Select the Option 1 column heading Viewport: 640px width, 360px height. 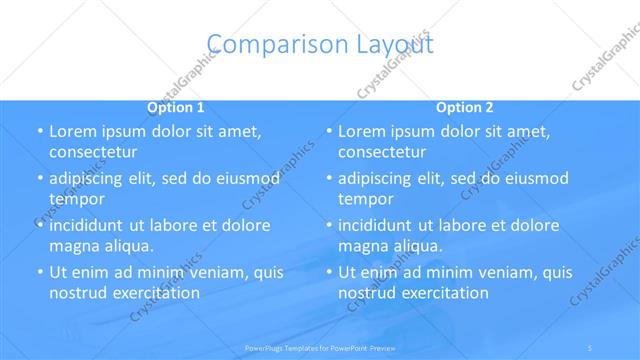[x=176, y=107]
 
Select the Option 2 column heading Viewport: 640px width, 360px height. [x=464, y=107]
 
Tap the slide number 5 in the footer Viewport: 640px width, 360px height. [x=591, y=348]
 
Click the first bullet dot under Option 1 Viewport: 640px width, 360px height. [x=40, y=132]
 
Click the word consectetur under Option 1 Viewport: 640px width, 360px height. [x=93, y=152]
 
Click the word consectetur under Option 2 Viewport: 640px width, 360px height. [x=382, y=152]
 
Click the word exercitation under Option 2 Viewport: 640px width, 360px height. [x=444, y=293]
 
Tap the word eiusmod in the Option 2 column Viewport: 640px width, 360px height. [x=535, y=179]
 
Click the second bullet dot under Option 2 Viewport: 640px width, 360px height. [x=329, y=179]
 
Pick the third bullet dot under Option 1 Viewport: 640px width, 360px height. [x=40, y=226]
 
